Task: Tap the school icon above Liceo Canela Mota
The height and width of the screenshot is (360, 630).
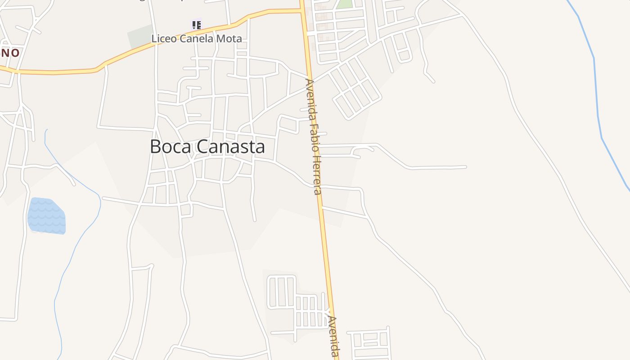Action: click(x=196, y=25)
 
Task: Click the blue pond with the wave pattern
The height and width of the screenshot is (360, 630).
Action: click(x=46, y=216)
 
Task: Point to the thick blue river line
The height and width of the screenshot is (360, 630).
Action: click(x=596, y=90)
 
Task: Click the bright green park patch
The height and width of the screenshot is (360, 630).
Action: click(x=344, y=4)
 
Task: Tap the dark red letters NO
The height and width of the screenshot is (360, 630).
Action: click(x=10, y=53)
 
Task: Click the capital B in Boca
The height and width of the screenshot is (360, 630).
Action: click(x=156, y=147)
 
